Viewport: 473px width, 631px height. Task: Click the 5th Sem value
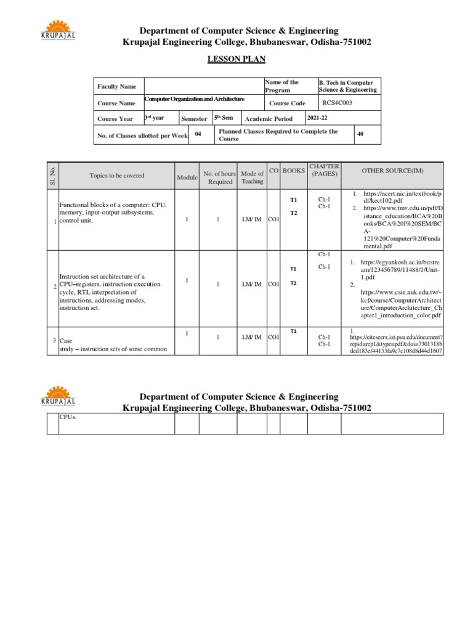[224, 118]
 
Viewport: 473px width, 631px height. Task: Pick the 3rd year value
[154, 117]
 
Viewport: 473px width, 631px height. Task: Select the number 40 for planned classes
[360, 132]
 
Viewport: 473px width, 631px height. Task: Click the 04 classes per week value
[198, 133]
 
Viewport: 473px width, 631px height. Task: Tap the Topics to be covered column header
[117, 176]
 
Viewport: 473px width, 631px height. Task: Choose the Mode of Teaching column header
[253, 177]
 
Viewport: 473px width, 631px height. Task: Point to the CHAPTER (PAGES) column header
[324, 170]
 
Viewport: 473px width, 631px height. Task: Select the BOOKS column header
[294, 170]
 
